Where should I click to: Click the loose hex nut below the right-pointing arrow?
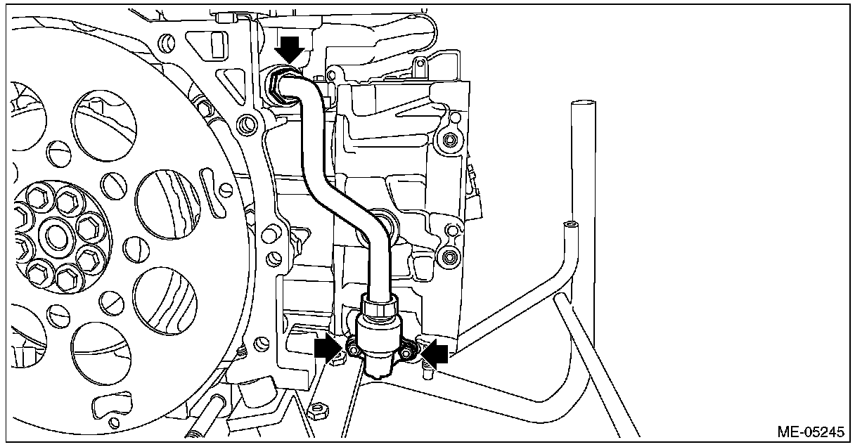point(317,408)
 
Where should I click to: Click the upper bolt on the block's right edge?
point(446,143)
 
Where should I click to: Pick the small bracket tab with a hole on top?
point(420,67)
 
